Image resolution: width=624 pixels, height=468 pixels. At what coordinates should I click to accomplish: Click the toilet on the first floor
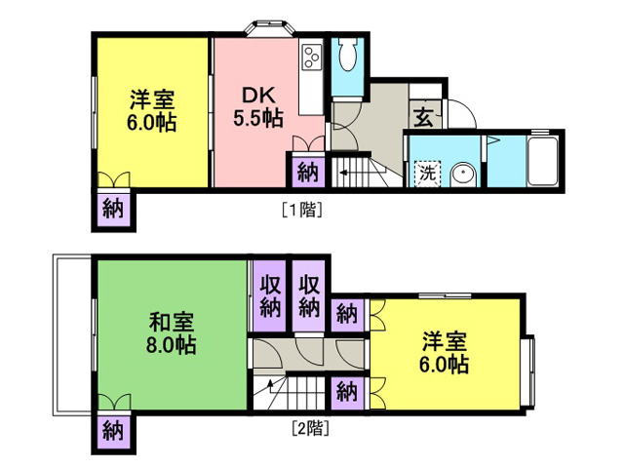(347, 55)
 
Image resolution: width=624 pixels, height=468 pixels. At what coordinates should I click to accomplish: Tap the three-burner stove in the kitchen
(312, 57)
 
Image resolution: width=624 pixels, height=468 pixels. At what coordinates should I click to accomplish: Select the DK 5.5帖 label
(258, 106)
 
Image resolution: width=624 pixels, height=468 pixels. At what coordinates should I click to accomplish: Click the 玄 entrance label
(423, 117)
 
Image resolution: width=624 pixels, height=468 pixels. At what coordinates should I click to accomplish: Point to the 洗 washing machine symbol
(427, 174)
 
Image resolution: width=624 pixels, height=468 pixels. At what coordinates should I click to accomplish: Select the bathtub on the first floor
(542, 161)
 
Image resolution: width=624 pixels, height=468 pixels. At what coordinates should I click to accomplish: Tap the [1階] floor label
(301, 210)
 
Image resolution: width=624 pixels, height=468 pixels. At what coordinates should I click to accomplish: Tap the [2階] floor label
(310, 429)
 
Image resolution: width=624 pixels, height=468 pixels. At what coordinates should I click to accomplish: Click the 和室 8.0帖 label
(172, 333)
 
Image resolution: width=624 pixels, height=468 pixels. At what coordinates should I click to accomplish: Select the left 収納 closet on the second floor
(270, 296)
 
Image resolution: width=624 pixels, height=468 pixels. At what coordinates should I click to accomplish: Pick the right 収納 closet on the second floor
(309, 296)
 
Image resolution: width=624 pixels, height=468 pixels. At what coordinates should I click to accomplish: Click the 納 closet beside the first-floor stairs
(308, 172)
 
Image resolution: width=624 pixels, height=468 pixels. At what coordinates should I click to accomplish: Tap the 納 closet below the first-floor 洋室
(113, 209)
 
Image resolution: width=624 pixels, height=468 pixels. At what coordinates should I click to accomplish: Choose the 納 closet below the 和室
(113, 431)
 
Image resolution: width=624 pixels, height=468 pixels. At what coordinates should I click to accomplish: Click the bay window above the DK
(270, 29)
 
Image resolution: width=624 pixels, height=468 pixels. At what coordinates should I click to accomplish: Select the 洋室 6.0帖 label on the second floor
(445, 353)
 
